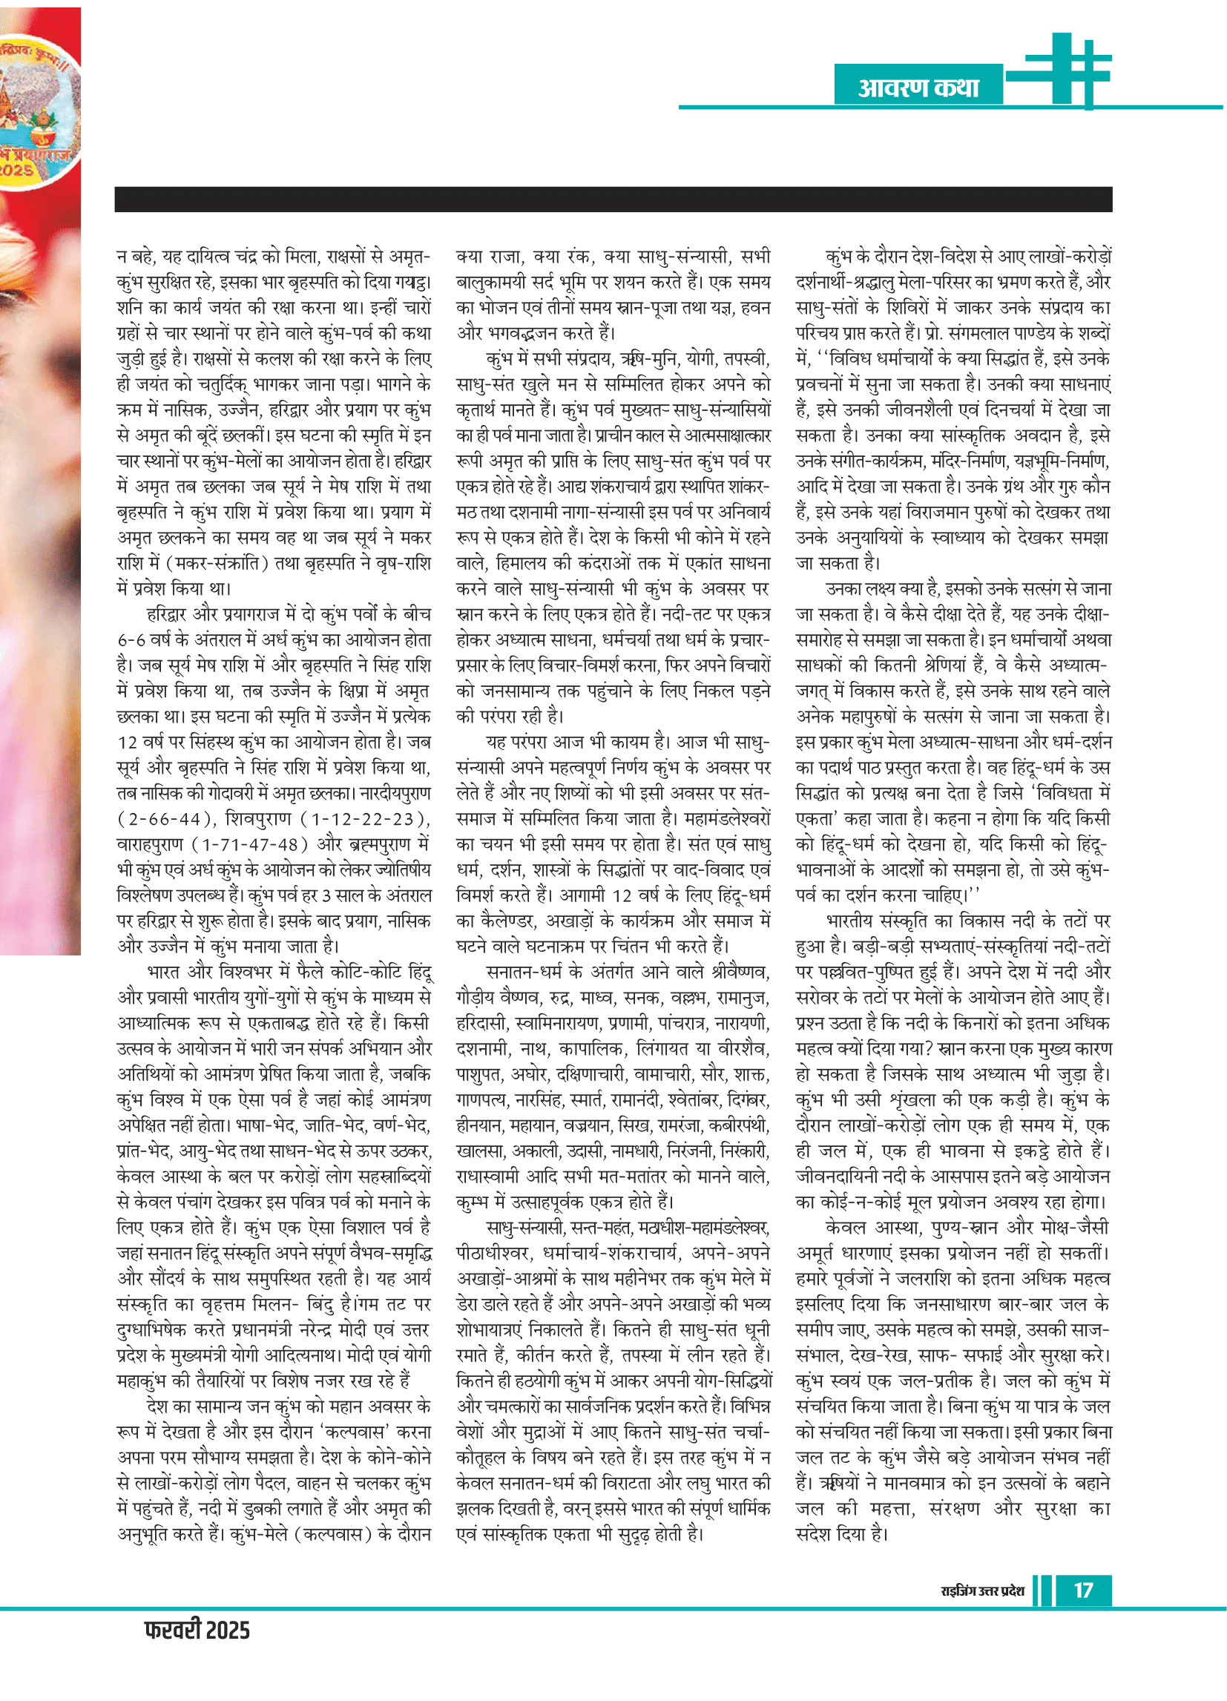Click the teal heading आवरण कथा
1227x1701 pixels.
point(918,88)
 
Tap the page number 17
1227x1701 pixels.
point(1082,1590)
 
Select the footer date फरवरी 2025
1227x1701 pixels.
point(197,1630)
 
